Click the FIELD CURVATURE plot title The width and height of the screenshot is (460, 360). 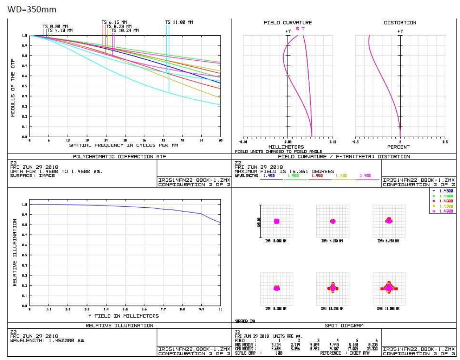point(288,23)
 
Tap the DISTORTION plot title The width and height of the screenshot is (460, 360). point(400,23)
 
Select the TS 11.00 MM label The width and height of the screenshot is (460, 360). point(179,22)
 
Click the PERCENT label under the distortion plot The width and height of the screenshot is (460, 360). point(400,147)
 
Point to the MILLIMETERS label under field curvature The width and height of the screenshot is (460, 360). point(286,147)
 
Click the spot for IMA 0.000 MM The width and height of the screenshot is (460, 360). point(277,221)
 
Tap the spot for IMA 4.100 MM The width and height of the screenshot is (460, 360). point(332,221)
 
